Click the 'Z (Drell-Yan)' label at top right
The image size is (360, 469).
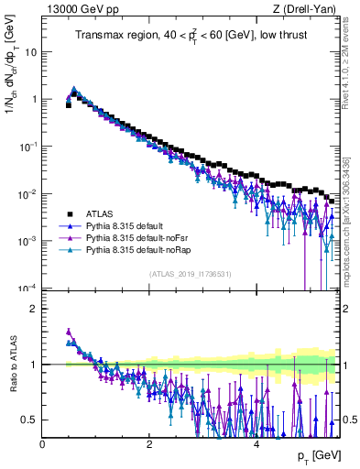click(307, 10)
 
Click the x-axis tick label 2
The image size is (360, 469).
click(148, 444)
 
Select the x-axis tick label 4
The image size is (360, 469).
click(256, 444)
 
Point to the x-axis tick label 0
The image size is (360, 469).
click(42, 444)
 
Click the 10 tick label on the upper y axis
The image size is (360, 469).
click(29, 51)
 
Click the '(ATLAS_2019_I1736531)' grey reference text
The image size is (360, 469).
click(190, 275)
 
